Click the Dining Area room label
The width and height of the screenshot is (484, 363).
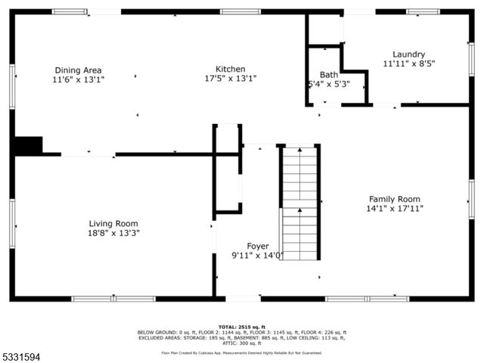pyautogui.click(x=78, y=70)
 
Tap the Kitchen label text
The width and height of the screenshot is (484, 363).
pyautogui.click(x=230, y=69)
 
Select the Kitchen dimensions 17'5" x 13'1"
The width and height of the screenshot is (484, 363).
pyautogui.click(x=230, y=78)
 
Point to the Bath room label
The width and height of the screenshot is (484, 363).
pyautogui.click(x=328, y=75)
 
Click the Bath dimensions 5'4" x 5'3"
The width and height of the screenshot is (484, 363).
pyautogui.click(x=328, y=84)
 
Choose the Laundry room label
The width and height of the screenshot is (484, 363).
pyautogui.click(x=408, y=54)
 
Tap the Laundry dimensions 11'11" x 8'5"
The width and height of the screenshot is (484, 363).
pyautogui.click(x=408, y=64)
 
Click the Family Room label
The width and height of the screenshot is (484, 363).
pyautogui.click(x=394, y=199)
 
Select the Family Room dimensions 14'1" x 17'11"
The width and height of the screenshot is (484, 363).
pyautogui.click(x=394, y=209)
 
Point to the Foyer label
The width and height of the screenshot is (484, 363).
pyautogui.click(x=257, y=247)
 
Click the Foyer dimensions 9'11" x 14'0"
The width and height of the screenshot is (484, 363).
pyautogui.click(x=257, y=256)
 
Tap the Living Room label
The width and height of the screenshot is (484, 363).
pyautogui.click(x=113, y=223)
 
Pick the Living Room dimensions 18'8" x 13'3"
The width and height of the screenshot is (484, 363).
pyautogui.click(x=113, y=233)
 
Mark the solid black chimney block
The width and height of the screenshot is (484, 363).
pyautogui.click(x=29, y=144)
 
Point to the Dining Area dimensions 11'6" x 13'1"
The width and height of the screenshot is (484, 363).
pyautogui.click(x=78, y=79)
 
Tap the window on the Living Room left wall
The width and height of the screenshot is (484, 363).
pyautogui.click(x=12, y=223)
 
